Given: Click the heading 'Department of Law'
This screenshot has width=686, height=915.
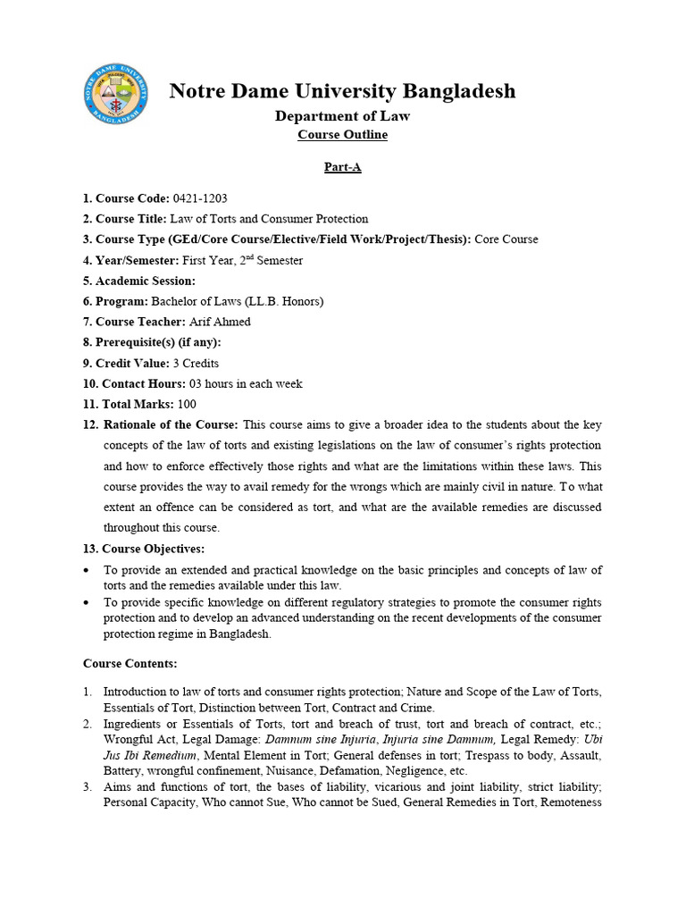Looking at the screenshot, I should pos(342,115).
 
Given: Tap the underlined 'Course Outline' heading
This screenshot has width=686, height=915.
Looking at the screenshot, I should pos(342,135).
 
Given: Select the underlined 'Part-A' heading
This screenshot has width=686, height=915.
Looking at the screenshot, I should pos(342,167).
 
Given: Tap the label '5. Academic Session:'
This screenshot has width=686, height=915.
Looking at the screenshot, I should pos(139,281).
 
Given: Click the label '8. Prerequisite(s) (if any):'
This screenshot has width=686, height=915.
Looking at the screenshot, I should pos(152,342).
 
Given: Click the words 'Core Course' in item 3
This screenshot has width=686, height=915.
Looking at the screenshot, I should pos(506,239).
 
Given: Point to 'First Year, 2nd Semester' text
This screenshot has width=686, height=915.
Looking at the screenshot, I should pos(242,260).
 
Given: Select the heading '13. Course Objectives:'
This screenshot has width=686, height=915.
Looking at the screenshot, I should pos(144,548).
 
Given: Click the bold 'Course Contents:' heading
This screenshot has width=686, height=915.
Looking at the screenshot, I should pos(130,663).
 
